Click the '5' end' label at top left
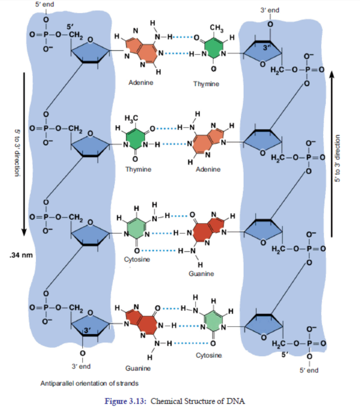tap(44, 4)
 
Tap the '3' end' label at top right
tap(269, 10)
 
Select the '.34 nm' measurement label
tap(21, 255)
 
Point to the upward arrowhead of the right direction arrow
tap(331, 74)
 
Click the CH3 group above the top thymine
tap(217, 28)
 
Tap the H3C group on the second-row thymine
tap(131, 119)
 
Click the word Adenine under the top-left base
tap(141, 83)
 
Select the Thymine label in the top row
tap(206, 84)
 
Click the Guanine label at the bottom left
tap(138, 368)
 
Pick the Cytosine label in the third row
tap(137, 260)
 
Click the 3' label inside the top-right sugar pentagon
tap(266, 48)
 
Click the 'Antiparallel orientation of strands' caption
tap(90, 383)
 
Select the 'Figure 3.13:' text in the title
tap(125, 401)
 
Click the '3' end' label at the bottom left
tap(81, 367)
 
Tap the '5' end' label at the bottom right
tap(309, 370)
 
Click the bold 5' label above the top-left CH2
tap(70, 27)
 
